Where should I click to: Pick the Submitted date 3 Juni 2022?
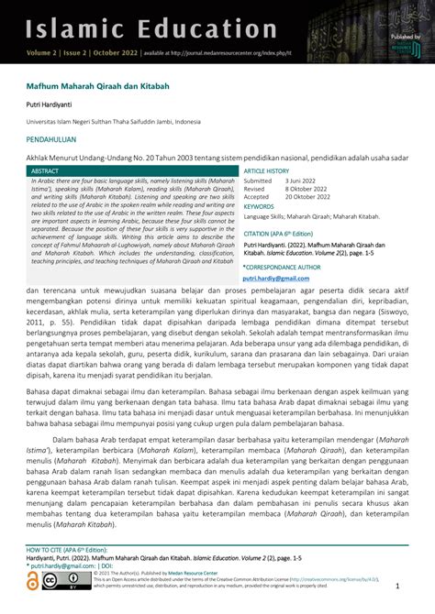(303, 181)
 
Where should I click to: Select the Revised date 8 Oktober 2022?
(309, 189)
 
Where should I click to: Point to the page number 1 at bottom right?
(397, 586)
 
